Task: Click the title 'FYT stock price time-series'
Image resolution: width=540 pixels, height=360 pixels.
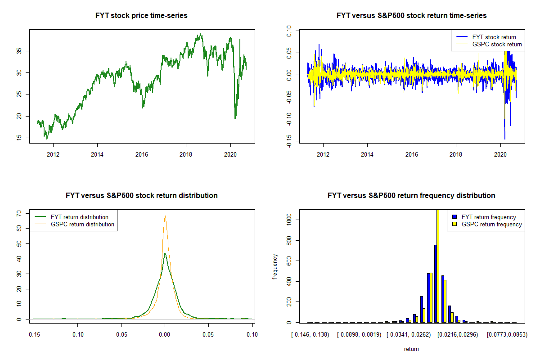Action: click(x=141, y=16)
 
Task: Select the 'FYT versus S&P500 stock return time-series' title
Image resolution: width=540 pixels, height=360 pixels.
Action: click(x=411, y=16)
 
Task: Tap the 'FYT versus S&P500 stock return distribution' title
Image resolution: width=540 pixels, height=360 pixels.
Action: click(x=141, y=196)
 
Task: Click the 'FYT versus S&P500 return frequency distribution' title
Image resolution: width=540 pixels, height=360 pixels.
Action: click(x=411, y=196)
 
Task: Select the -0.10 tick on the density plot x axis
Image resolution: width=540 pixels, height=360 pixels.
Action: click(x=77, y=334)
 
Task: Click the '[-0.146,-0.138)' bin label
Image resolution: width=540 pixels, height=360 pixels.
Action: click(x=310, y=335)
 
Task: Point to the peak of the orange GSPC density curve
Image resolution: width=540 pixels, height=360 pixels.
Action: click(x=165, y=216)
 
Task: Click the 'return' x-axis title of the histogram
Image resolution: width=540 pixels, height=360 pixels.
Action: click(x=411, y=349)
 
